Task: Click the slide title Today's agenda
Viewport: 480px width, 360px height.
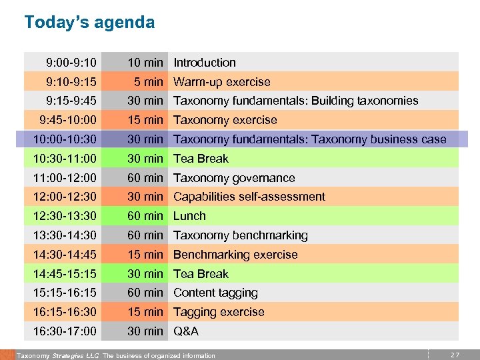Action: (x=89, y=23)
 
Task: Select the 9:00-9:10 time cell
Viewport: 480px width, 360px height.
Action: (x=71, y=63)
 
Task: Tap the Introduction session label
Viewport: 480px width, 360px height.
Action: (x=205, y=63)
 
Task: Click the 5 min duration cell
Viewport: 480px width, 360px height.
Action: (x=148, y=82)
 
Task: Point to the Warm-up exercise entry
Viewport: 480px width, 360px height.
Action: (x=222, y=82)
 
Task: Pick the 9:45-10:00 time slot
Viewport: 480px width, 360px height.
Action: (x=68, y=120)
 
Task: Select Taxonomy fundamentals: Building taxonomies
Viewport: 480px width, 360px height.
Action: (x=296, y=101)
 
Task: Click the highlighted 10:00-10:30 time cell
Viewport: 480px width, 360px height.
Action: (x=65, y=139)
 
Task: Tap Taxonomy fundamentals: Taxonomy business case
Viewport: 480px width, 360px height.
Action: (x=310, y=139)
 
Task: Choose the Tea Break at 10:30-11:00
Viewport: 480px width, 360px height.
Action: (x=201, y=159)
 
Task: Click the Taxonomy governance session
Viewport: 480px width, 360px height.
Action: (x=234, y=178)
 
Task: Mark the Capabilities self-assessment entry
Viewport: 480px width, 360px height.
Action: (x=249, y=197)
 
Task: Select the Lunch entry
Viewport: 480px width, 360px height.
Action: (x=190, y=216)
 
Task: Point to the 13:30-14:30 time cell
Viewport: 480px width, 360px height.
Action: (x=65, y=235)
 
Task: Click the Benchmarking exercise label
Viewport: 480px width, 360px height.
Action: (x=235, y=255)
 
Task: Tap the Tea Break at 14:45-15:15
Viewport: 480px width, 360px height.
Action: (x=201, y=274)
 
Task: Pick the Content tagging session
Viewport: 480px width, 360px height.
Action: (x=215, y=293)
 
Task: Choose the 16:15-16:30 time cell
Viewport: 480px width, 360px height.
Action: (x=65, y=312)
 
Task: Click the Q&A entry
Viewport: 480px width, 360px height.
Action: (x=186, y=331)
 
